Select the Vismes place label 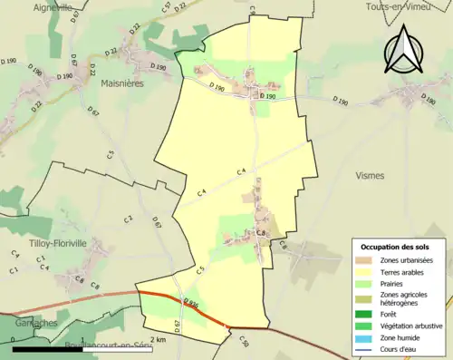point(371,175)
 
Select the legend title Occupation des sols point(398,247)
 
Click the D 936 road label point(189,302)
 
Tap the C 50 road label point(243,340)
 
